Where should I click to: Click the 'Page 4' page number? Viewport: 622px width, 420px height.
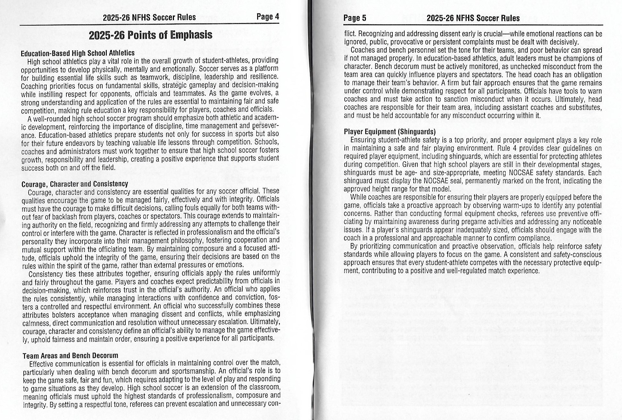tap(268, 17)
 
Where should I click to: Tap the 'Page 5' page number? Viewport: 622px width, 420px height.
tap(355, 18)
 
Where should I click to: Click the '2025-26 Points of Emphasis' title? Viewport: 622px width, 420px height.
tap(150, 35)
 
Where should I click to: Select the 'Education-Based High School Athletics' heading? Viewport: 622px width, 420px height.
tap(78, 52)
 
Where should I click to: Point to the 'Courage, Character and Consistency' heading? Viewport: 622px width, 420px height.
tap(75, 184)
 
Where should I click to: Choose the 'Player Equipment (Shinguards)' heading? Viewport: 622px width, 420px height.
tap(390, 132)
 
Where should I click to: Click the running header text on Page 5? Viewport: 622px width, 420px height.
tap(473, 18)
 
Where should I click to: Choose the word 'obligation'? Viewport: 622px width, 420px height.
tap(586, 75)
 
